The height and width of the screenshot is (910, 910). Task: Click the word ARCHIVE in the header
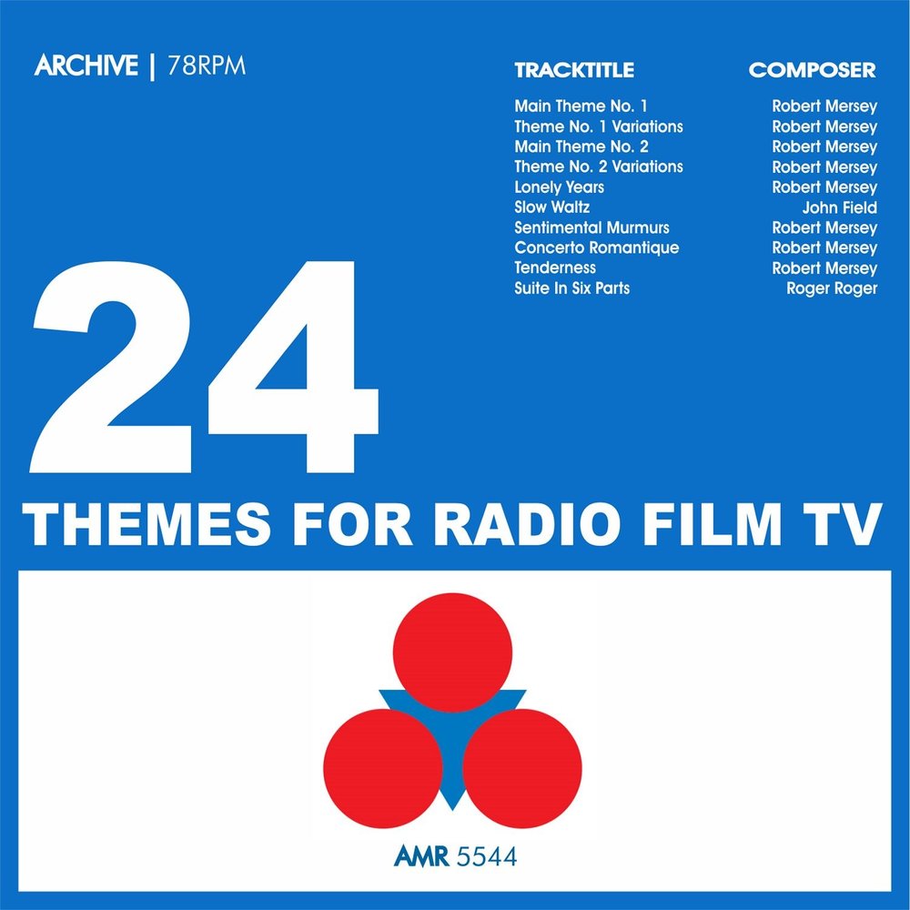[x=86, y=67]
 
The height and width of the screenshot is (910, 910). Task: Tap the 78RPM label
[x=207, y=67]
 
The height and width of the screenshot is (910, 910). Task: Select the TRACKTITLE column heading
[x=573, y=70]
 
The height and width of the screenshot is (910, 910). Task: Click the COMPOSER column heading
[x=812, y=70]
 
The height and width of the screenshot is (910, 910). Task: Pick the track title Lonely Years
[x=559, y=187]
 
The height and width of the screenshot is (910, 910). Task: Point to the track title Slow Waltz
[x=552, y=207]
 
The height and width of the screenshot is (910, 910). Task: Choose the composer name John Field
[x=839, y=207]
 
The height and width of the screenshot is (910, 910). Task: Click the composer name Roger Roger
[x=832, y=288]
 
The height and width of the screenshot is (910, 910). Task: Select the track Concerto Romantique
[x=596, y=248]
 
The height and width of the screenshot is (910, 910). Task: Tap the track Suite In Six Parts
[x=571, y=288]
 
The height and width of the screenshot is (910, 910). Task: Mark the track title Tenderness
[x=555, y=268]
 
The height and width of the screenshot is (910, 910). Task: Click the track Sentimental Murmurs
[x=591, y=227]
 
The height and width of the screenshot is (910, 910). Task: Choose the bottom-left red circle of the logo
[x=382, y=768]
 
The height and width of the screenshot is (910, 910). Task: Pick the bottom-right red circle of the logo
[x=522, y=768]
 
